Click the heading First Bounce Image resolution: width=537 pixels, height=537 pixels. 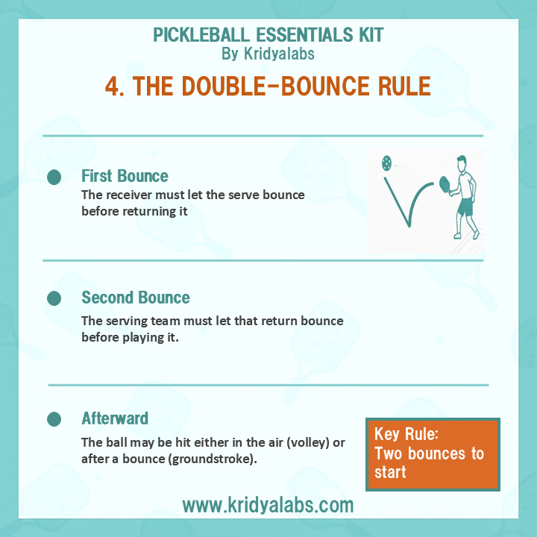125,176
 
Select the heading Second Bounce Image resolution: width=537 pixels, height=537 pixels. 136,298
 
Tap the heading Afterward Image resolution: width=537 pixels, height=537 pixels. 115,418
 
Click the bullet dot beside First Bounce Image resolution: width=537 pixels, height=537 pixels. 54,177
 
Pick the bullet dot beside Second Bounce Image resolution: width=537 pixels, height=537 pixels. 54,298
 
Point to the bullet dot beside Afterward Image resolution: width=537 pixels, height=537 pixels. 54,419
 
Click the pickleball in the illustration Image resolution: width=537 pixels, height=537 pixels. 386,162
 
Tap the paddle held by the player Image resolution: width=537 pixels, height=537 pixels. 445,181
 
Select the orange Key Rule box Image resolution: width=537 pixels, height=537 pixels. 433,453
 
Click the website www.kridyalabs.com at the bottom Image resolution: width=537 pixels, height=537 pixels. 268,505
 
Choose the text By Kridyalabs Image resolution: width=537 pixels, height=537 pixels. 268,54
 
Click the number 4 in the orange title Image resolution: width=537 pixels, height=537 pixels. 113,86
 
